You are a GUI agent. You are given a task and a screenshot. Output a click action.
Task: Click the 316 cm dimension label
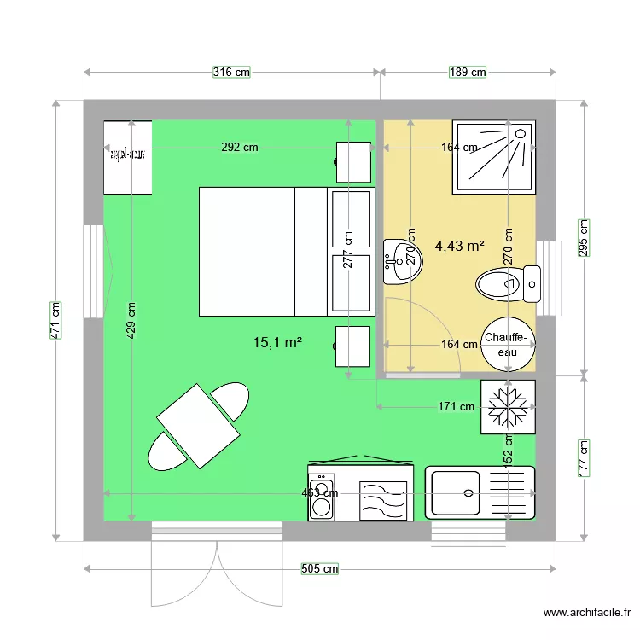(231, 73)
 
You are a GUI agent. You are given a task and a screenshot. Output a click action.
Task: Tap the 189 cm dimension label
(467, 73)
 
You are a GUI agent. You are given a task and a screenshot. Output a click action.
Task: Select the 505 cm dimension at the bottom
(320, 569)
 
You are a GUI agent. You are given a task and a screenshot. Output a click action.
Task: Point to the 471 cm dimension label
(55, 320)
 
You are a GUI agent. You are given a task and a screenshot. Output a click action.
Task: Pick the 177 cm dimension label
(585, 457)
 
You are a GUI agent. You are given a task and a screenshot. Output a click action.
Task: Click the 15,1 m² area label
(278, 343)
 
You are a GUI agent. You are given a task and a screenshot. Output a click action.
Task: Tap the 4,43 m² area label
(460, 246)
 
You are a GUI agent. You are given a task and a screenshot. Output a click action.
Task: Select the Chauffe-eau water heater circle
(509, 344)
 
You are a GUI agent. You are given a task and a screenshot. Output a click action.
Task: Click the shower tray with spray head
(495, 156)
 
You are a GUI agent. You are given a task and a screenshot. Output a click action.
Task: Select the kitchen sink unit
(480, 492)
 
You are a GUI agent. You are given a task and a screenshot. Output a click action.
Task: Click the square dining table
(198, 427)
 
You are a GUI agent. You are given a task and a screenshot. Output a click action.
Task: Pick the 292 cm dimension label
(240, 147)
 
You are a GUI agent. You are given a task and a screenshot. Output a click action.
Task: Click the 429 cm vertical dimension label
(131, 322)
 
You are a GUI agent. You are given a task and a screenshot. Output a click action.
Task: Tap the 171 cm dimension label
(457, 407)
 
